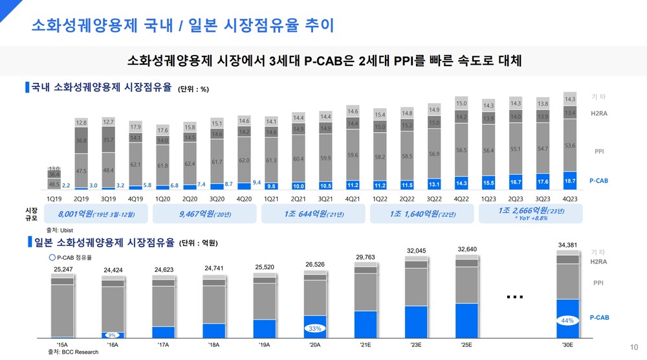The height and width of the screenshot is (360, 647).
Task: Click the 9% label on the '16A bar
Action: pyautogui.click(x=112, y=335)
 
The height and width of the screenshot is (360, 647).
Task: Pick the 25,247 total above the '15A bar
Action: pyautogui.click(x=63, y=269)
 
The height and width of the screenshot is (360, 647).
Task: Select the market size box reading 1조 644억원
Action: pyautogui.click(x=313, y=213)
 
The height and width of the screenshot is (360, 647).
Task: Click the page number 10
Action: pyautogui.click(x=633, y=346)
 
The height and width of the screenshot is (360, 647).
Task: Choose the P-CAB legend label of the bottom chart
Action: pyautogui.click(x=599, y=318)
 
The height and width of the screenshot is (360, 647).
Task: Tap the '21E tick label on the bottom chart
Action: pyautogui.click(x=365, y=346)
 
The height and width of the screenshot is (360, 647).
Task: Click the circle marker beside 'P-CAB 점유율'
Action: pyautogui.click(x=52, y=257)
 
